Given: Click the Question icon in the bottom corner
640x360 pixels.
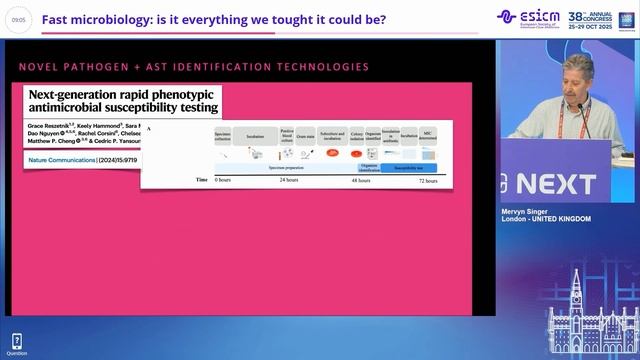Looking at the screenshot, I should click(x=16, y=343).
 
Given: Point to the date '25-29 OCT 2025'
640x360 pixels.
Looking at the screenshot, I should click(x=596, y=26).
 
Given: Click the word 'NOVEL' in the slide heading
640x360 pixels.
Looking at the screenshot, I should click(x=39, y=67).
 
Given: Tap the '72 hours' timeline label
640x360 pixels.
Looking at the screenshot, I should click(x=427, y=180).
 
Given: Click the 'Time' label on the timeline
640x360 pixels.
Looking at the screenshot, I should click(x=202, y=180).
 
